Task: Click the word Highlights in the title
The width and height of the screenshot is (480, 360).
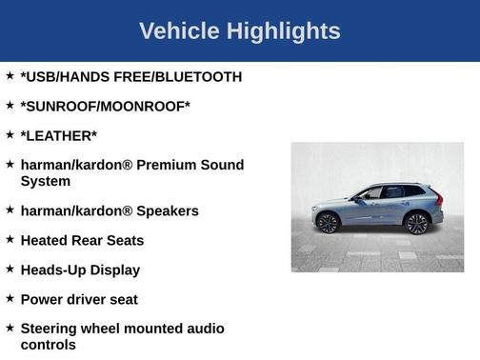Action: point(283,31)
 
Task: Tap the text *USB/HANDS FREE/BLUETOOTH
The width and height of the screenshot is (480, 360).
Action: point(130,76)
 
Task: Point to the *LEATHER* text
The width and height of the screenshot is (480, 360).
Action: point(58,135)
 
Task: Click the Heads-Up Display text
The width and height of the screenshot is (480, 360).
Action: point(80,270)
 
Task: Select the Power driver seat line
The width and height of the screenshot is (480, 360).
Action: point(79,299)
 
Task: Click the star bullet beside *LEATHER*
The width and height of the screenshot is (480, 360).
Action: point(10,135)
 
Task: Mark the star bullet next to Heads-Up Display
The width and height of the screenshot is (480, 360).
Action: point(10,270)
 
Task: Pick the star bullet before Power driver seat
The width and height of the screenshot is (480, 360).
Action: point(10,299)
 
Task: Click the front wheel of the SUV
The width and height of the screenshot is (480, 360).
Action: point(329,223)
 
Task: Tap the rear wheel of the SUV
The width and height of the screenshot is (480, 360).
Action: point(416,223)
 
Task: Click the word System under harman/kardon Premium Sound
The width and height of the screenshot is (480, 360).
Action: point(45,180)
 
